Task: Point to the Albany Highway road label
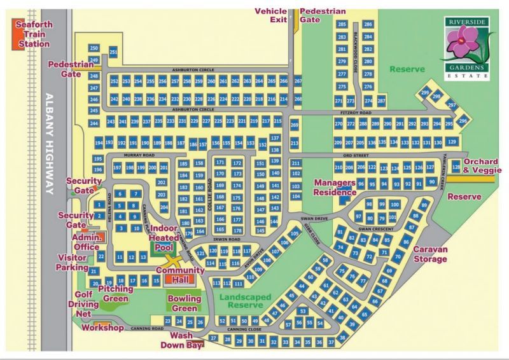(x=51, y=143)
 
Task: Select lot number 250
(x=94, y=48)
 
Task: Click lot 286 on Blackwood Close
(x=368, y=24)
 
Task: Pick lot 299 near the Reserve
(x=424, y=93)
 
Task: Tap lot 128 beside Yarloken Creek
(x=456, y=167)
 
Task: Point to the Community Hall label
(x=176, y=275)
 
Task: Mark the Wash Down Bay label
(x=186, y=340)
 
